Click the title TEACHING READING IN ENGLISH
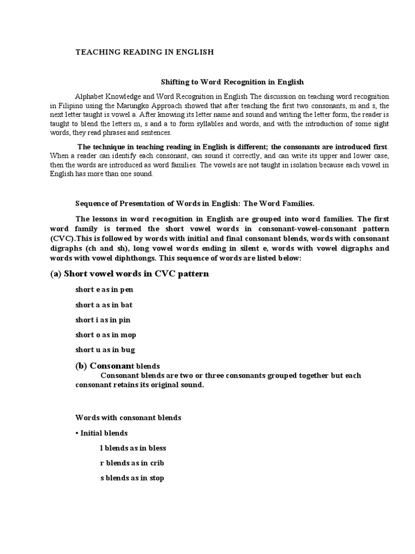[x=144, y=52]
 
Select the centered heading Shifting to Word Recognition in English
[x=233, y=82]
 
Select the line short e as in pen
[x=104, y=289]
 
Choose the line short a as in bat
[x=104, y=305]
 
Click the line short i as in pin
[x=103, y=320]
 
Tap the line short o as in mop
[x=105, y=335]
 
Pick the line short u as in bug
[x=105, y=350]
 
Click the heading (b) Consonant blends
[x=117, y=366]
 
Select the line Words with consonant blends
[x=128, y=418]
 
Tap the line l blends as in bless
[x=133, y=448]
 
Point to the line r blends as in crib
[x=132, y=463]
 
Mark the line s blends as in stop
[x=132, y=478]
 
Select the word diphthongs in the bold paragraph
[x=131, y=259]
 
